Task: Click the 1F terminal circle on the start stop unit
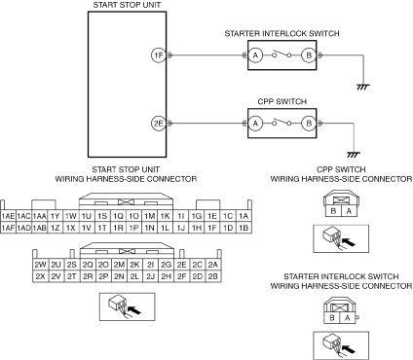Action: coord(159,55)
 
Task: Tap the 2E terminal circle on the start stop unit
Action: coord(159,124)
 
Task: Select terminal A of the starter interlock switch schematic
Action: coord(255,55)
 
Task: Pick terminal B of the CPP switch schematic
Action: coord(309,124)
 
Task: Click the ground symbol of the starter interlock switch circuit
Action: coord(363,87)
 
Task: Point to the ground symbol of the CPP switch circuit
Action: coord(354,155)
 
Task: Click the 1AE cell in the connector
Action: coord(8,216)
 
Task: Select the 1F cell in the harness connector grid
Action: coord(212,228)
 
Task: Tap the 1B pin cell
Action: coord(244,228)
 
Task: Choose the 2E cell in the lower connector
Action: coord(182,265)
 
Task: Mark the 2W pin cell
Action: coord(40,265)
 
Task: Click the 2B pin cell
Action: coord(213,276)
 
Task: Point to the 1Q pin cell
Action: coord(118,216)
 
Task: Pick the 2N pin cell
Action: coord(119,276)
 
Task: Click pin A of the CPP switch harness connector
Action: coord(349,211)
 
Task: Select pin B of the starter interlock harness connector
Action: coord(332,318)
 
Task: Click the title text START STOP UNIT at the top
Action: coord(127,5)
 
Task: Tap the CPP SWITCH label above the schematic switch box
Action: coord(282,101)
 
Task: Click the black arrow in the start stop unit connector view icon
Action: coord(135,310)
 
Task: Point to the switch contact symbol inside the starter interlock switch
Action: coord(282,54)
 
